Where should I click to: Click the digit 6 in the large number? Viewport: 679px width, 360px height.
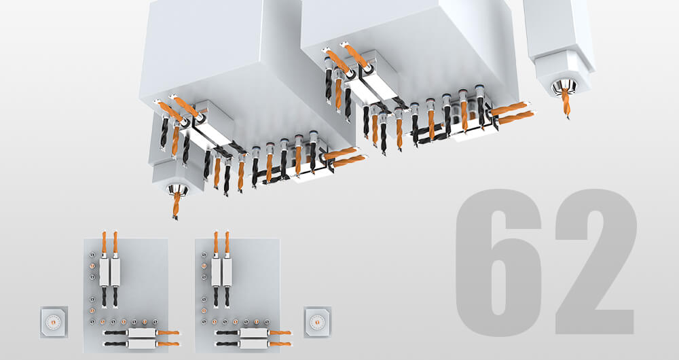(x=498, y=262)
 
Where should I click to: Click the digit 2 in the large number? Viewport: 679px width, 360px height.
(x=597, y=262)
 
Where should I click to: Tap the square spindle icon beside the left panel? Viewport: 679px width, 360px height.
(x=54, y=322)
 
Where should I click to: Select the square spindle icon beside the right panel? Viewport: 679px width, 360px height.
(x=317, y=322)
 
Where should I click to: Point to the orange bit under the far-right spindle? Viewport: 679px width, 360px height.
(x=566, y=103)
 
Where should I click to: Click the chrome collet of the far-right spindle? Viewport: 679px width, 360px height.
(x=565, y=87)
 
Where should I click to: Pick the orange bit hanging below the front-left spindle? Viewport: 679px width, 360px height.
(x=177, y=205)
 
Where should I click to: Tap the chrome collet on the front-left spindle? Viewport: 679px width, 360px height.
(x=177, y=190)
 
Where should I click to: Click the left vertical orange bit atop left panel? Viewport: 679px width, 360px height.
(x=104, y=242)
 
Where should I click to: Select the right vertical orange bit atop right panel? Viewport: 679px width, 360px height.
(x=227, y=242)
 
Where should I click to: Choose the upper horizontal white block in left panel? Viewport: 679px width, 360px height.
(x=142, y=333)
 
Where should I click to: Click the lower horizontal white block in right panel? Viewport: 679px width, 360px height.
(x=254, y=344)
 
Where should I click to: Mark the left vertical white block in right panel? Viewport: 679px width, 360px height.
(x=216, y=272)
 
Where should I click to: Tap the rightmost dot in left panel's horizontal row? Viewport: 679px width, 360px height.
(x=155, y=322)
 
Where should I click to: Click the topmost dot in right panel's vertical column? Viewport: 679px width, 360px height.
(x=204, y=255)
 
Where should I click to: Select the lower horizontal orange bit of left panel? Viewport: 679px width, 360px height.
(x=168, y=344)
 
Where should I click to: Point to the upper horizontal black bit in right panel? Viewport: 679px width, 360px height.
(x=227, y=333)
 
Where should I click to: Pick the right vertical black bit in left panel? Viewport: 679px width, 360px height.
(x=115, y=297)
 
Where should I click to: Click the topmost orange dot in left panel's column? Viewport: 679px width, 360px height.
(x=92, y=266)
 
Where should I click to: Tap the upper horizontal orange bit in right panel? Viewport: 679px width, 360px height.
(x=280, y=333)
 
